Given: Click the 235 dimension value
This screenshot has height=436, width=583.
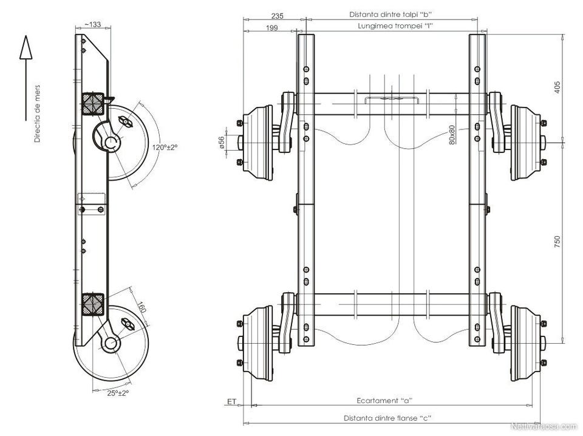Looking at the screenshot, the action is coord(277,16).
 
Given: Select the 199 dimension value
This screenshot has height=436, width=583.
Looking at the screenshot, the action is coord(272,28).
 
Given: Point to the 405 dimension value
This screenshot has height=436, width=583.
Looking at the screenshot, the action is coord(557,87).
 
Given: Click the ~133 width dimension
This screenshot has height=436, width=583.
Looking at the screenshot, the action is coord(92,24).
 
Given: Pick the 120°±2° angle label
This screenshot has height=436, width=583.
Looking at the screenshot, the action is coord(165,147).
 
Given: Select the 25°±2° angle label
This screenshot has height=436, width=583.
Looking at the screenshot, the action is coord(118,393).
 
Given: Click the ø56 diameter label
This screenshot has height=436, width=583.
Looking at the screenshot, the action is coord(222,142).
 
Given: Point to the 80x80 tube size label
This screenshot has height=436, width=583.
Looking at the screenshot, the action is coord(452,135).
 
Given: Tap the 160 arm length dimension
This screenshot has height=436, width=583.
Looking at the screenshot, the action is coord(141,308).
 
